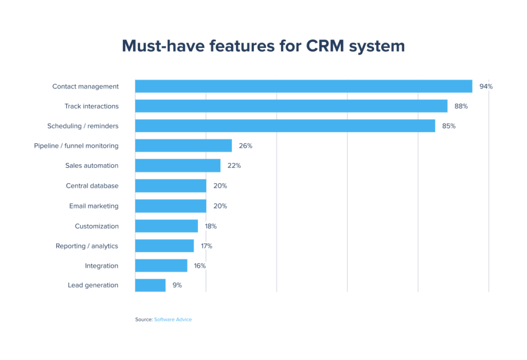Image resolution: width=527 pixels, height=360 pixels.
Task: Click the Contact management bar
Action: click(x=304, y=87)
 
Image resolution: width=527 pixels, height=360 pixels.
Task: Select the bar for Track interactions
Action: click(x=291, y=106)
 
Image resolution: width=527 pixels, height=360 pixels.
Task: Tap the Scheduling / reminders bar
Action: click(x=285, y=126)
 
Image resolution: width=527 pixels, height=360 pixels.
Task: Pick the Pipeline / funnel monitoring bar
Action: click(x=183, y=146)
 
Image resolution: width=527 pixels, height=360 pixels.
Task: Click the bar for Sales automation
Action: click(x=178, y=165)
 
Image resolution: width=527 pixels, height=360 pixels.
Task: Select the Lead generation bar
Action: click(x=150, y=285)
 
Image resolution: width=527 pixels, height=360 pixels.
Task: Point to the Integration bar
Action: click(x=161, y=266)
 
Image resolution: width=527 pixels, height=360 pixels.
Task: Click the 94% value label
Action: click(x=486, y=87)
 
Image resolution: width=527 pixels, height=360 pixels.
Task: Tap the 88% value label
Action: click(x=461, y=106)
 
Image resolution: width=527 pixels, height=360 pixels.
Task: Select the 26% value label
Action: click(x=245, y=146)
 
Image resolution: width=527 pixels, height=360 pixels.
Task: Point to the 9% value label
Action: click(x=177, y=285)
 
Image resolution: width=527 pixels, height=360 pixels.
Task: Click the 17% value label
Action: click(x=206, y=246)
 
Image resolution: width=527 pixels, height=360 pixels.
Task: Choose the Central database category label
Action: click(x=92, y=186)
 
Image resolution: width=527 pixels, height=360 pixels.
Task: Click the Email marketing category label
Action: click(x=94, y=206)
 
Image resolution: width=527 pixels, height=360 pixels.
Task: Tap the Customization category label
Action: click(x=97, y=226)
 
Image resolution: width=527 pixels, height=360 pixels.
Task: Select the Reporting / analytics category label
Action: click(x=87, y=246)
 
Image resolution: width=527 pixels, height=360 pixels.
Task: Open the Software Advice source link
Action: click(x=173, y=319)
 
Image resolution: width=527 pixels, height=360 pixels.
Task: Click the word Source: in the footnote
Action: click(x=144, y=319)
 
